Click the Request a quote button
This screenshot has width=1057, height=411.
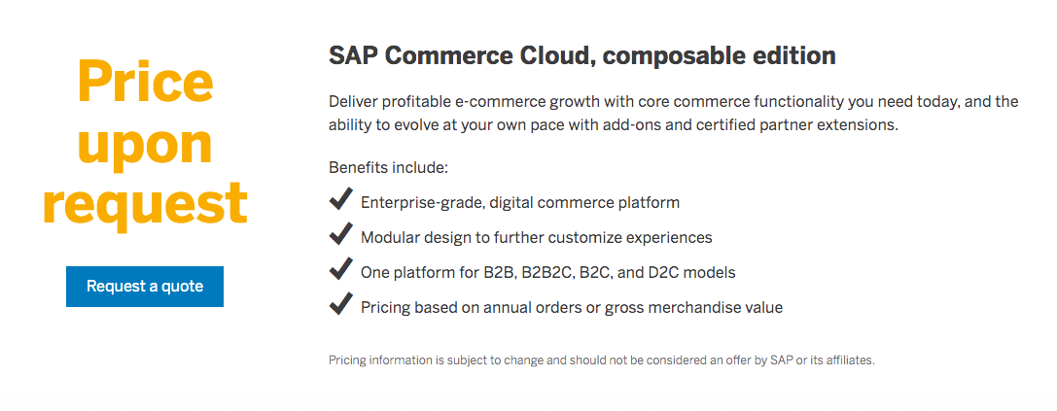145,287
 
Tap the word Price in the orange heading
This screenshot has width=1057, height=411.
145,84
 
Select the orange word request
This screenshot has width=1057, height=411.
145,203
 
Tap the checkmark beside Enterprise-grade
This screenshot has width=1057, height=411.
340,200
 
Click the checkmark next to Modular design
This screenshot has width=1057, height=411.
340,235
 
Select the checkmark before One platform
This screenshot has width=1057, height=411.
340,270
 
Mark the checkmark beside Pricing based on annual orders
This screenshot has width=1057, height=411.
340,305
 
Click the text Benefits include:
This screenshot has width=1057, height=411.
388,168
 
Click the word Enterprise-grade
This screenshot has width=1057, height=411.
421,203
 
